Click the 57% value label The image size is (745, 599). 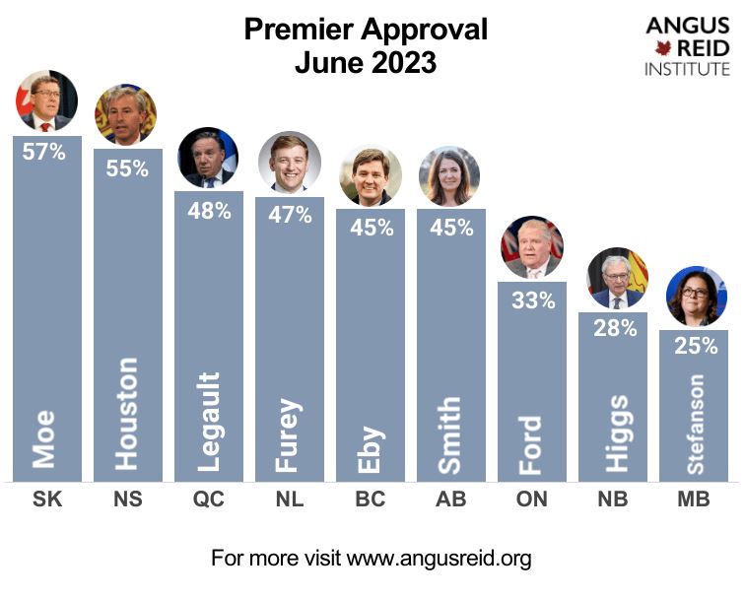pyautogui.click(x=46, y=153)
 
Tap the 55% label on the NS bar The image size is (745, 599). pyautogui.click(x=127, y=167)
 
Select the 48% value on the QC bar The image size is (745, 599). pyautogui.click(x=208, y=210)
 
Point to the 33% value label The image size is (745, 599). pyautogui.click(x=531, y=300)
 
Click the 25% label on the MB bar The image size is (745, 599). pyautogui.click(x=693, y=347)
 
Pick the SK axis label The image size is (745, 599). pyautogui.click(x=46, y=499)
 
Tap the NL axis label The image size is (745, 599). pyautogui.click(x=289, y=499)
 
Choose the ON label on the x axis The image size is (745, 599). pyautogui.click(x=531, y=499)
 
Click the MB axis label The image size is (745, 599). pyautogui.click(x=693, y=499)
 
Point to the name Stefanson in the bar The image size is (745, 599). pyautogui.click(x=695, y=424)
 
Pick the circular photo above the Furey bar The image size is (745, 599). pyautogui.click(x=289, y=162)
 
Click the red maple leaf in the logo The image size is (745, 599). pyautogui.click(x=663, y=47)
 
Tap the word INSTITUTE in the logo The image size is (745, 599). pyautogui.click(x=687, y=69)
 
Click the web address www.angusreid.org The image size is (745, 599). pyautogui.click(x=440, y=559)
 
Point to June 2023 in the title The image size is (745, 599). pyautogui.click(x=366, y=63)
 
